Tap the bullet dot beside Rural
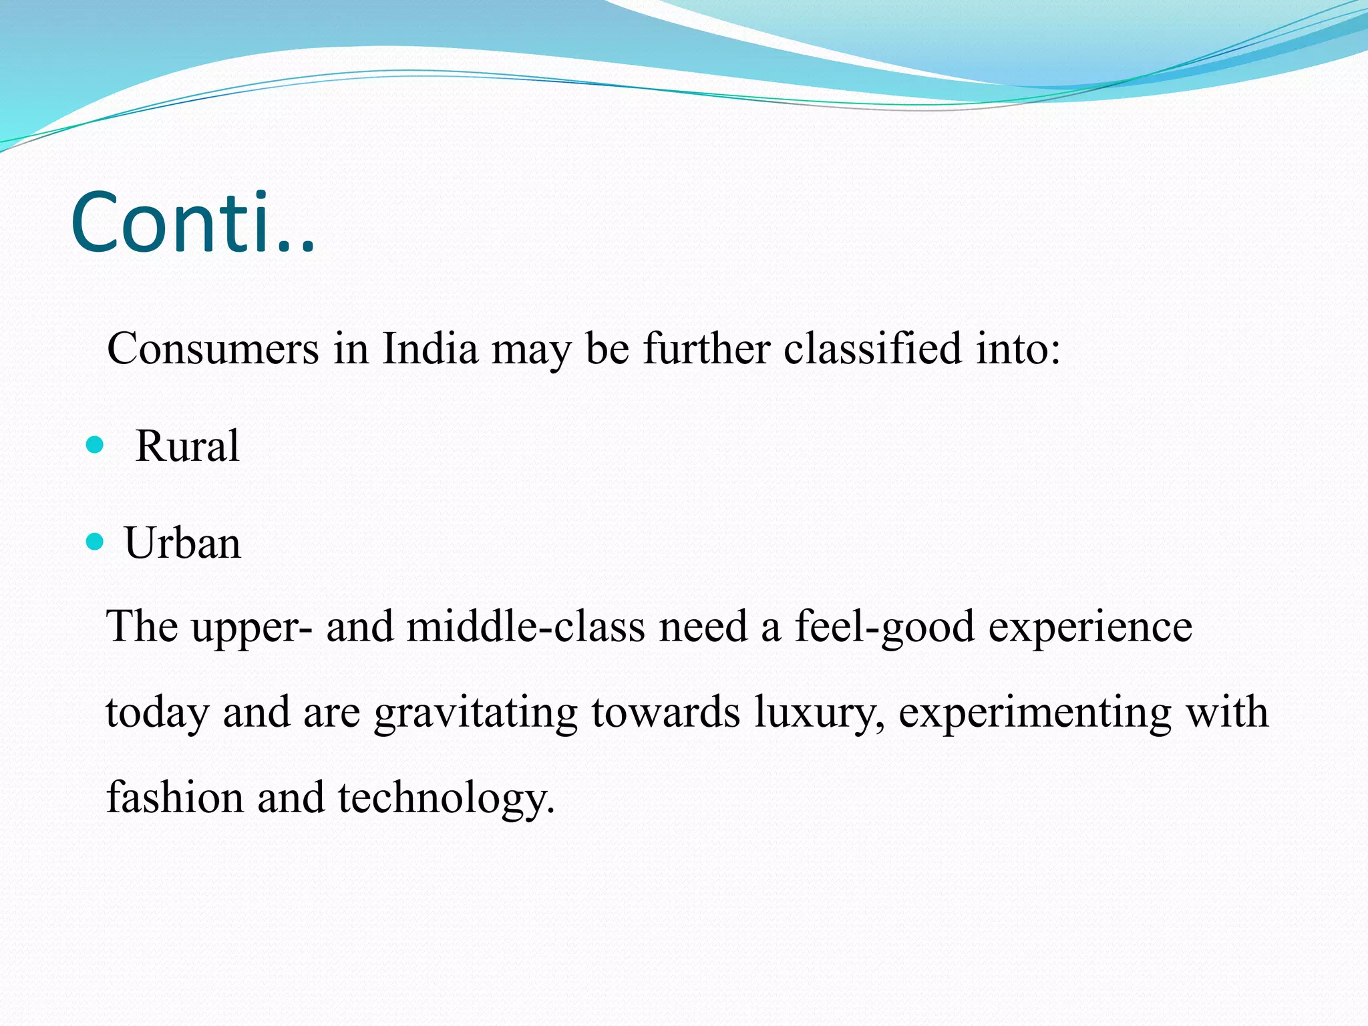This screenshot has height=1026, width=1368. (96, 444)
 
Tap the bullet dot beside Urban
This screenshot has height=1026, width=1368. (96, 541)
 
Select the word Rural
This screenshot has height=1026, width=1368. (187, 446)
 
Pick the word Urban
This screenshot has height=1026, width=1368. (182, 543)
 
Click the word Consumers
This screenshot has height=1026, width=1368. (213, 349)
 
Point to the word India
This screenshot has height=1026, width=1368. (430, 349)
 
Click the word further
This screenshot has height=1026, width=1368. (707, 349)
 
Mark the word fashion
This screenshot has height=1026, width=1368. (175, 798)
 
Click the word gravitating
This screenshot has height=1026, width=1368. (475, 713)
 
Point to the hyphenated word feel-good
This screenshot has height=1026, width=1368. (884, 628)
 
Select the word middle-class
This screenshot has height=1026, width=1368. (526, 627)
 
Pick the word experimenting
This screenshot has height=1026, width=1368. (1035, 713)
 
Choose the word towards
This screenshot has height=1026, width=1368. (665, 712)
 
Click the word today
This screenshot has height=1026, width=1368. (158, 713)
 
